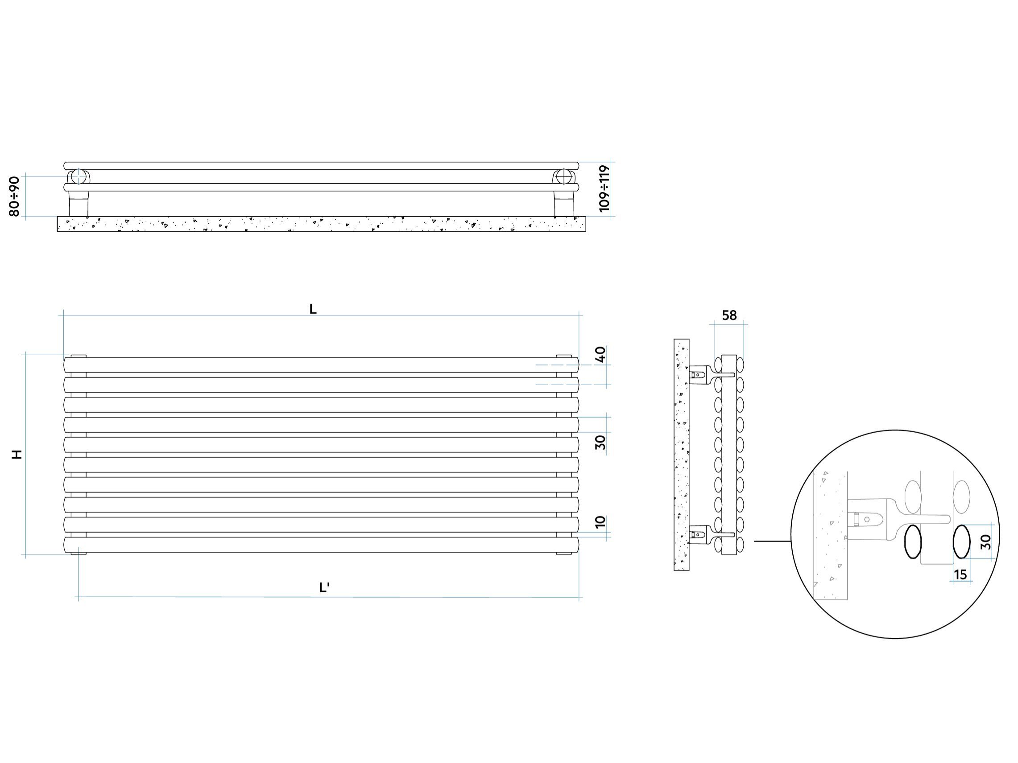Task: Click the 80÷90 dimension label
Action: [14, 197]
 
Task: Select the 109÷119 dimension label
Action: [604, 189]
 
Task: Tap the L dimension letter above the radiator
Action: [313, 310]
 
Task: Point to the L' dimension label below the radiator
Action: [324, 588]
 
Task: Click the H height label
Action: [17, 455]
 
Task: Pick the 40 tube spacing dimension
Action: [600, 354]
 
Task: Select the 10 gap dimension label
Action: [600, 522]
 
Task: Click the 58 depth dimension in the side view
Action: [729, 316]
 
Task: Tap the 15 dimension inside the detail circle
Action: [960, 575]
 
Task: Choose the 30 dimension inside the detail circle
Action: [985, 542]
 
